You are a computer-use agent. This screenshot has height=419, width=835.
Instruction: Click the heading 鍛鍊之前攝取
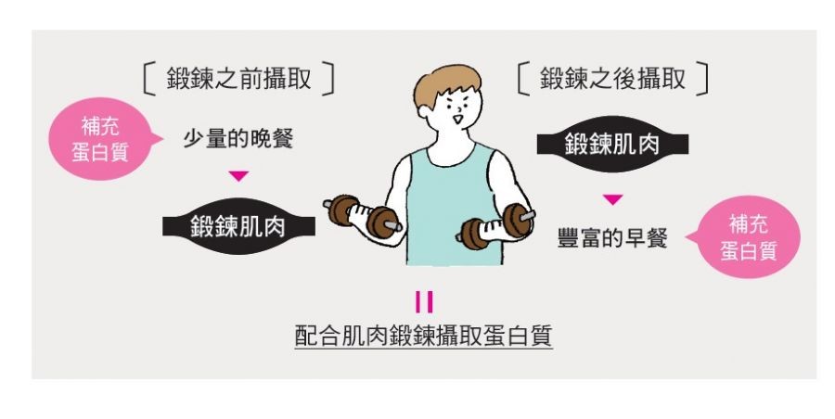239,79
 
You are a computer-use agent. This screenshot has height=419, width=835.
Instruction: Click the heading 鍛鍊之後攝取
612,78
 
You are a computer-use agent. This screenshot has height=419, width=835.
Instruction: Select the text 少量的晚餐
238,139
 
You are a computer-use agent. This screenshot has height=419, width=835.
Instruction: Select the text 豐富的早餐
612,237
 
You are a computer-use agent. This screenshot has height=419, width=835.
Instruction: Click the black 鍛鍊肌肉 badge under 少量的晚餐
238,226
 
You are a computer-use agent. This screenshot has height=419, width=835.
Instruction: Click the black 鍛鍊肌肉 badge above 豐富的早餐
612,145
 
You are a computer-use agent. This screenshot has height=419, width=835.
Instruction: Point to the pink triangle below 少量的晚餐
238,176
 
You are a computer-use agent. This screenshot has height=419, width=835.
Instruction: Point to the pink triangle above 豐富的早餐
612,199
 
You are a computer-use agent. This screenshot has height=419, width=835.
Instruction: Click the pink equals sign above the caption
424,302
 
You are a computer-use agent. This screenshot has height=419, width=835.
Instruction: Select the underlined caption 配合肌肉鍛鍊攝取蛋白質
423,336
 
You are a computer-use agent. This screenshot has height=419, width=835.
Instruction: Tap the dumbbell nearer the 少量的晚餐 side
363,216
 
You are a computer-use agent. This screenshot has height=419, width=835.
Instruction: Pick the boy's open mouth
457,119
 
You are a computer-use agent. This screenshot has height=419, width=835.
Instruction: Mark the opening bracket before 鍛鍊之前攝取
149,79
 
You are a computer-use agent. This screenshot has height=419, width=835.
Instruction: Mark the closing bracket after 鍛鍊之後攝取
703,78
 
